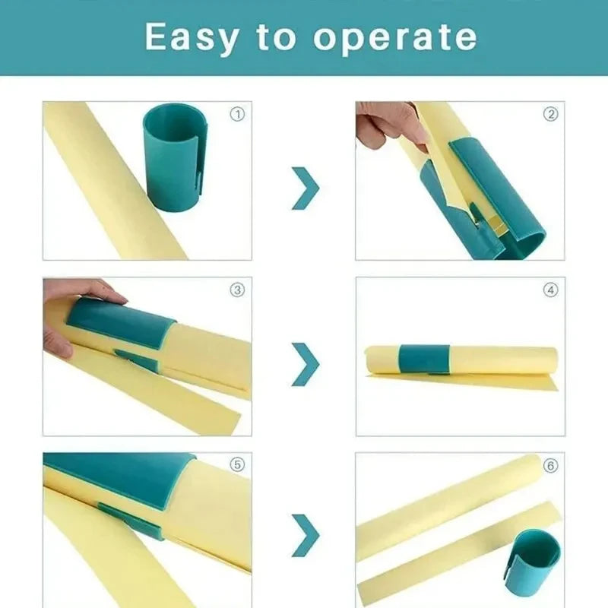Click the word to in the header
[277, 36]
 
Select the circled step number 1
[237, 115]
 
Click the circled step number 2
[550, 115]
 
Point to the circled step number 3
[237, 290]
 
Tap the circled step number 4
[550, 290]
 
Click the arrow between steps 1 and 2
[305, 188]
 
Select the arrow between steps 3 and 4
[305, 363]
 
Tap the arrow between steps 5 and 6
[305, 535]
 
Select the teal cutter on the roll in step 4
[425, 359]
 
